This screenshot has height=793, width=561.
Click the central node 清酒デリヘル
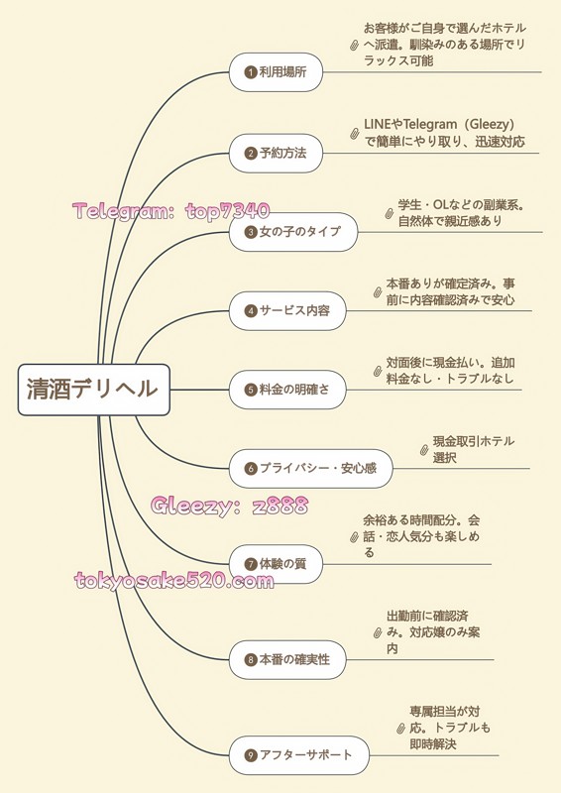pyautogui.click(x=93, y=390)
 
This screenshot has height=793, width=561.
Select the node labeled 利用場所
pyautogui.click(x=276, y=71)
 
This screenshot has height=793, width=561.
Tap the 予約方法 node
pyautogui.click(x=276, y=153)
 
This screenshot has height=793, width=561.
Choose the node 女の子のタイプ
pyautogui.click(x=293, y=232)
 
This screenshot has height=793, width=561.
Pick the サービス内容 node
pyautogui.click(x=287, y=310)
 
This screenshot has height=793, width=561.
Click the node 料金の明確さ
pyautogui.click(x=287, y=390)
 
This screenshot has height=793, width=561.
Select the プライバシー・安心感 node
pyautogui.click(x=310, y=468)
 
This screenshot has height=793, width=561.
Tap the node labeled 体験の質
pyautogui.click(x=276, y=564)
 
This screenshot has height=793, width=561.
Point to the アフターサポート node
pyautogui.click(x=299, y=755)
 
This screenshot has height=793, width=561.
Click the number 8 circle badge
pyautogui.click(x=251, y=660)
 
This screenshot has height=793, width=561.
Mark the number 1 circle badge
pyautogui.click(x=251, y=72)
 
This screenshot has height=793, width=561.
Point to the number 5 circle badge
pyautogui.click(x=251, y=390)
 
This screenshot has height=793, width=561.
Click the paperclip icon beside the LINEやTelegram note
pyautogui.click(x=355, y=134)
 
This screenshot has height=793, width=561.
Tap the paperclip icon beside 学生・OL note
pyautogui.click(x=389, y=213)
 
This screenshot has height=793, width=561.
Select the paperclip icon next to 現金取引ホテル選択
pyautogui.click(x=424, y=450)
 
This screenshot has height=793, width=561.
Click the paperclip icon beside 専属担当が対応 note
pyautogui.click(x=401, y=729)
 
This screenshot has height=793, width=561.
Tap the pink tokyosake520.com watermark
pyautogui.click(x=174, y=580)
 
